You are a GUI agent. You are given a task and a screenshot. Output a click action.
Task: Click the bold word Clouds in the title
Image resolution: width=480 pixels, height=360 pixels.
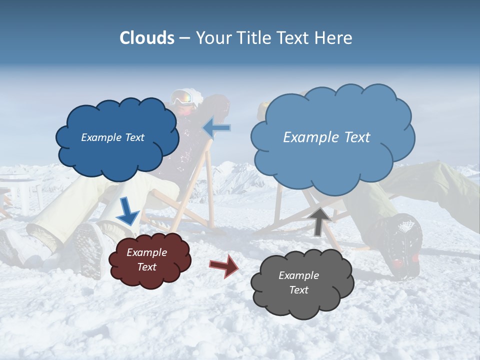pos(147,38)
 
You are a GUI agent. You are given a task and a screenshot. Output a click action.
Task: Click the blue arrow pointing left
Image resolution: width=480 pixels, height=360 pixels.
pos(217,127)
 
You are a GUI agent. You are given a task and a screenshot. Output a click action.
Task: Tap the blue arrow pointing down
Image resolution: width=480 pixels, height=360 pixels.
pos(128,212)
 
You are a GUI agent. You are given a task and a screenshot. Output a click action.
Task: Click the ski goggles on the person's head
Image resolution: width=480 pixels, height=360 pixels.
pos(183,97)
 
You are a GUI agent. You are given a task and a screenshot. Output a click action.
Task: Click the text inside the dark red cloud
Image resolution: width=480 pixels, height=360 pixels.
pos(146,259)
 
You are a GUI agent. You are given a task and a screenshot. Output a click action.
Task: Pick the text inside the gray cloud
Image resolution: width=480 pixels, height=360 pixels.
pos(298,282)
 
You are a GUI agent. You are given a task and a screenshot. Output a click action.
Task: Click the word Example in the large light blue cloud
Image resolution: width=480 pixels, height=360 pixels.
pos(306,137)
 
